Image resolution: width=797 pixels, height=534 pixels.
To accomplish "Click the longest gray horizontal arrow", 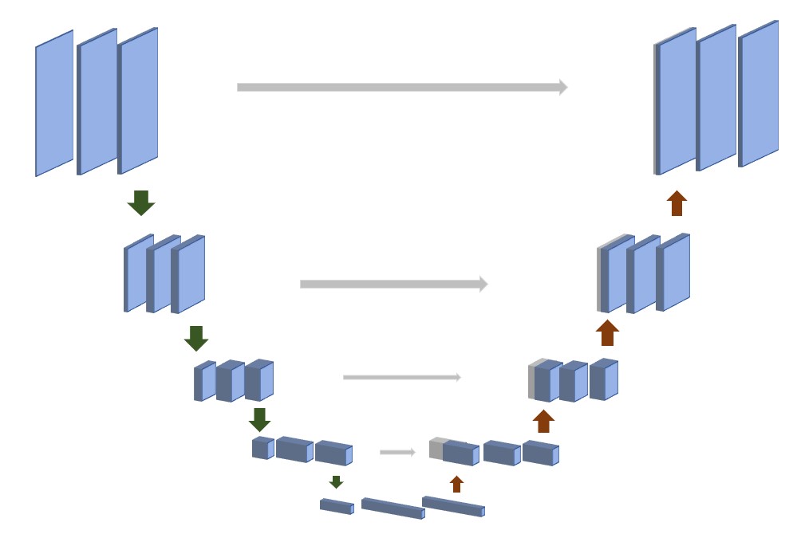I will coord(401,87).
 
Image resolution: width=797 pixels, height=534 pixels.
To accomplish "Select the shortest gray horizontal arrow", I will coord(397,452).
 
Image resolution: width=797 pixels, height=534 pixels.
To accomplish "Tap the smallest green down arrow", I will coord(336,481).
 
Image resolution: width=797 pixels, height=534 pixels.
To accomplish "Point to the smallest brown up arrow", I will coord(456,484).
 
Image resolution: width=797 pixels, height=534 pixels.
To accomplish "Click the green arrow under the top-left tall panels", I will coord(141,202).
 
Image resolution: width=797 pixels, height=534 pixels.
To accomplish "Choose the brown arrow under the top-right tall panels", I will coord(677,203).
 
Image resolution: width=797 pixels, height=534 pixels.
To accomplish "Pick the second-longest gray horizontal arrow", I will coord(393,284).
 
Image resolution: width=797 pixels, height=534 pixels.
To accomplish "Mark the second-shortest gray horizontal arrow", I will coord(401,377).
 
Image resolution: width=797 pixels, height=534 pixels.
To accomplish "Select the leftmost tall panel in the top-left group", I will coord(54,104).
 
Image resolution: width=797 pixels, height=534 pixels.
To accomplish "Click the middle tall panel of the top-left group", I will coord(98,102).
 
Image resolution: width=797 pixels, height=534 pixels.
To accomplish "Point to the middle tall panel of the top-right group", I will coord(717,97).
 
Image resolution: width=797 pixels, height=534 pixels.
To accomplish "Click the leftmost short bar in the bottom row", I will coord(336,506).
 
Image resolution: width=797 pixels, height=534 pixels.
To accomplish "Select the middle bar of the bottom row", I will coord(393,508).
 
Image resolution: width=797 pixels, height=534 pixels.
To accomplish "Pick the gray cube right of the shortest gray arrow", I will coord(436,448).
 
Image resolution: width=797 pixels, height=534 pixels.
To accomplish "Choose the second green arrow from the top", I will coord(196,338).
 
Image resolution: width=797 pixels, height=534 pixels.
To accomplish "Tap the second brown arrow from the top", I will coord(607,332).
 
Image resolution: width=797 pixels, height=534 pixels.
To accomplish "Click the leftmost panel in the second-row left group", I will coord(139,274).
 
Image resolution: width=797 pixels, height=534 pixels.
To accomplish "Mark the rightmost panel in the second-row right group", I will coord(674,272).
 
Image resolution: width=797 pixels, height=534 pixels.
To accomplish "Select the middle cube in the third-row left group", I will coord(231,381).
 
